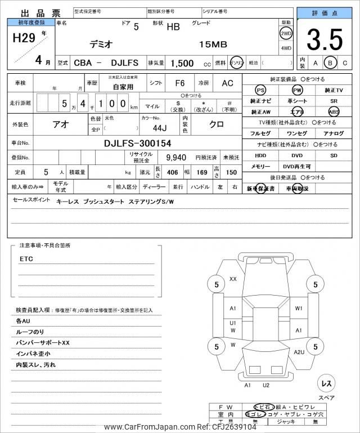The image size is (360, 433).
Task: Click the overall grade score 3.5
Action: [324, 39]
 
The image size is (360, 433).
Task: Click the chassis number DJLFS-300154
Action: [138, 143]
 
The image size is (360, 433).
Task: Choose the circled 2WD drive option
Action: [286, 33]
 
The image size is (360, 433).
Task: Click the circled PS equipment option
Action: [260, 90]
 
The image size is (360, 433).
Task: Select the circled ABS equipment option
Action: [334, 111]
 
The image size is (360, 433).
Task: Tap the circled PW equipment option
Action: [297, 90]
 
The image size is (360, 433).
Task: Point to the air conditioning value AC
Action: [227, 83]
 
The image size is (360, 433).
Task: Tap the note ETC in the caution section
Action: [26, 259]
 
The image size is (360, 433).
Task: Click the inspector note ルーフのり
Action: [30, 332]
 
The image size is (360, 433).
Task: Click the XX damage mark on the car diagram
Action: [233, 279]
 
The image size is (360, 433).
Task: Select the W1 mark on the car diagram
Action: [299, 308]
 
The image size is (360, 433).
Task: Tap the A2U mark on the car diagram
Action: [299, 352]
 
